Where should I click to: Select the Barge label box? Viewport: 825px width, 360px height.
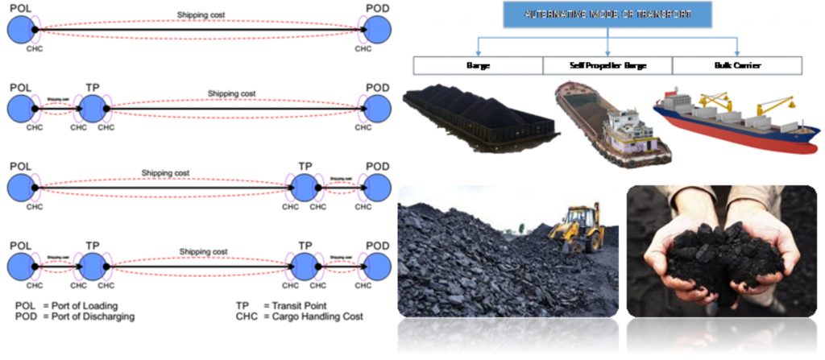tap(478, 65)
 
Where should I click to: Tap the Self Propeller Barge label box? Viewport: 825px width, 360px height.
tap(607, 65)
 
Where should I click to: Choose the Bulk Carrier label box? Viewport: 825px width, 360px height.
tap(737, 65)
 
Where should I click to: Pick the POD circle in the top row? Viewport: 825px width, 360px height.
tap(378, 31)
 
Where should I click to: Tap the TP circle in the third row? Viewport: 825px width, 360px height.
tap(305, 188)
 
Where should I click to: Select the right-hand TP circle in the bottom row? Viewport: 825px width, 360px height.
tap(305, 266)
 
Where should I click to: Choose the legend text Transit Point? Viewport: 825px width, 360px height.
tap(296, 306)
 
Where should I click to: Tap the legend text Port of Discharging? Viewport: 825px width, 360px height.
tap(89, 317)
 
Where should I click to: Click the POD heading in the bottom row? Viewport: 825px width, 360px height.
tap(378, 246)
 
